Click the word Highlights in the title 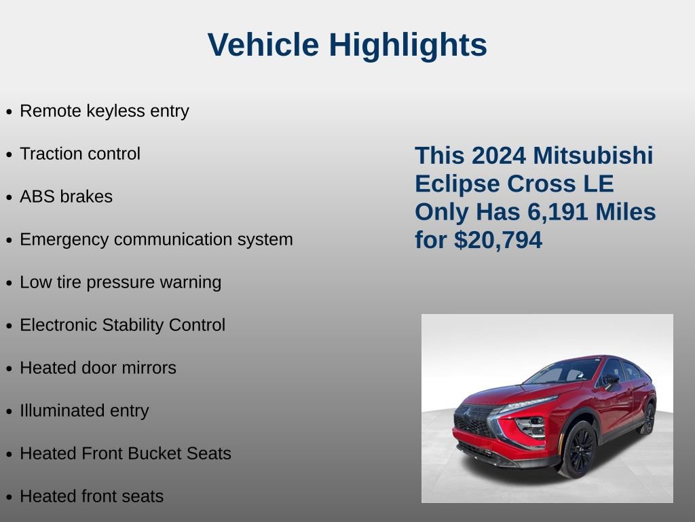point(408,46)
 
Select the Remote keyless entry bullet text point(104,111)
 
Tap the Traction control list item point(80,154)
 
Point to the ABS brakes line point(66,196)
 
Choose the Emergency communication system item point(156,239)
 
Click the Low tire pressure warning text point(120,282)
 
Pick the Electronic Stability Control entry point(122,325)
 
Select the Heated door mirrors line point(98,368)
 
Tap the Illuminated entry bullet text point(84,411)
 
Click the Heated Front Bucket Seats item point(126,453)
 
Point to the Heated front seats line point(92,496)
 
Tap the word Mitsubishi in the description point(593,155)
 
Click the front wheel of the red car point(579,449)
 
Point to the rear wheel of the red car point(647,418)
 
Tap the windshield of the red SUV point(563,372)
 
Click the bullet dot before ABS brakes point(9,198)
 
